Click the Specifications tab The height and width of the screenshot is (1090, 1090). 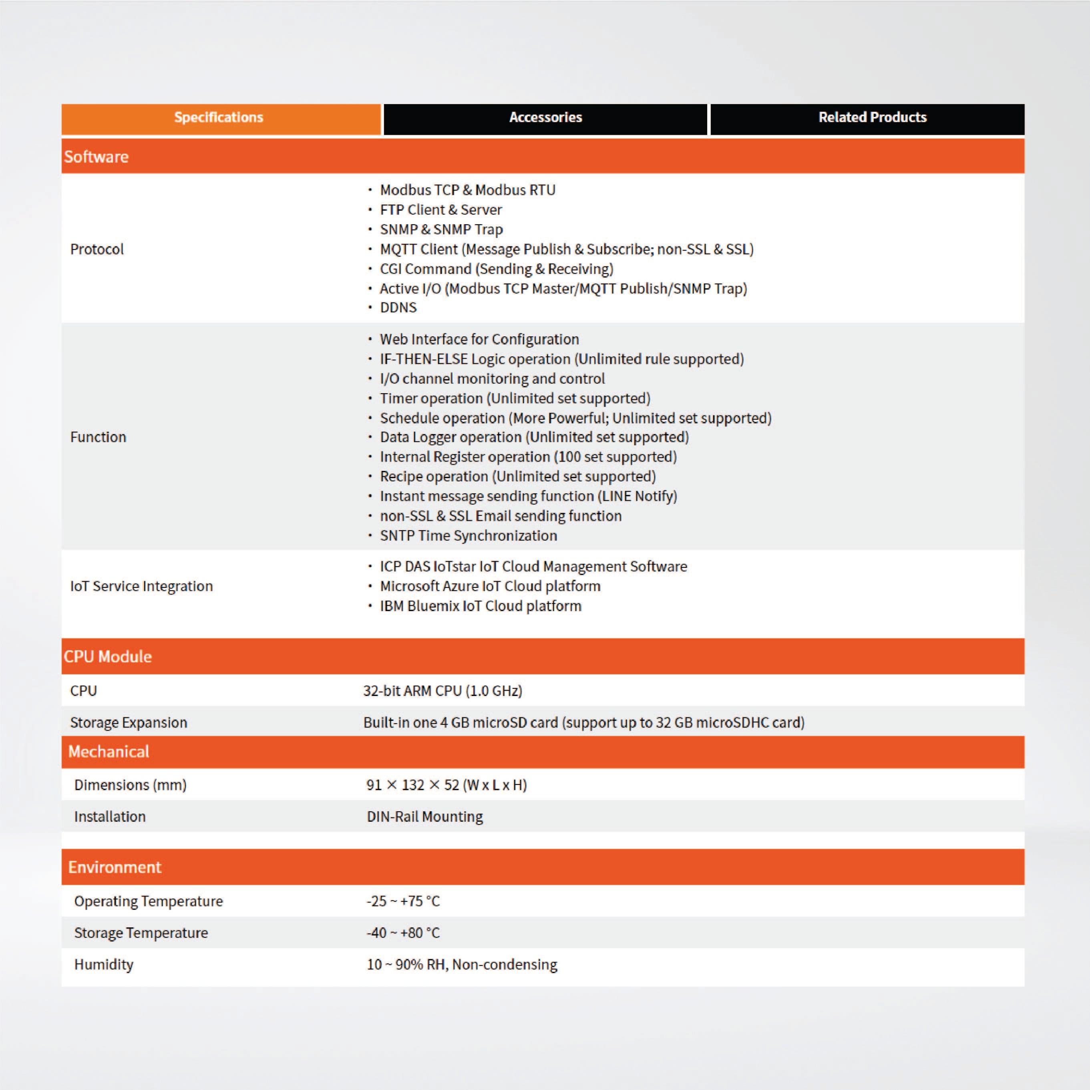pyautogui.click(x=219, y=117)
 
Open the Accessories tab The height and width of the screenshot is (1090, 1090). pyautogui.click(x=545, y=117)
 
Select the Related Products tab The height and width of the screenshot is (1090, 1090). pyautogui.click(x=872, y=117)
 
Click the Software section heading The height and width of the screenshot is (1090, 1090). pyautogui.click(x=97, y=157)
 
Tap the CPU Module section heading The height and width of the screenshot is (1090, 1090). pyautogui.click(x=108, y=656)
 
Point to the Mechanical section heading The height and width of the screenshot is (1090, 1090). pyautogui.click(x=109, y=752)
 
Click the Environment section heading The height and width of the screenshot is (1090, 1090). pyautogui.click(x=115, y=867)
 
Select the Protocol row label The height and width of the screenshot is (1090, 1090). pyautogui.click(x=97, y=249)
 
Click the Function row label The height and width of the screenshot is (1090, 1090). pyautogui.click(x=98, y=437)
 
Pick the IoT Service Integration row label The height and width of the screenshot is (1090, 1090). pyautogui.click(x=142, y=586)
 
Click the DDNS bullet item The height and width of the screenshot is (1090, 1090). pyautogui.click(x=398, y=308)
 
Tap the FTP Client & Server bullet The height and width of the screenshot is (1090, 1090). pyautogui.click(x=440, y=210)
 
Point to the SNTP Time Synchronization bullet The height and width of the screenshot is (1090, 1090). pyautogui.click(x=468, y=535)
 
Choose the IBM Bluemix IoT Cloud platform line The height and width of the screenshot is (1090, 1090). pyautogui.click(x=480, y=606)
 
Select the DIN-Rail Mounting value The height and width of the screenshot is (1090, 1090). pyautogui.click(x=425, y=816)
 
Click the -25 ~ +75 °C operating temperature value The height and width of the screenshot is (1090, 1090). pyautogui.click(x=403, y=901)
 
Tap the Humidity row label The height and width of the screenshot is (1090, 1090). pyautogui.click(x=104, y=964)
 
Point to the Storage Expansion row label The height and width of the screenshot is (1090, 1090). pyautogui.click(x=129, y=723)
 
